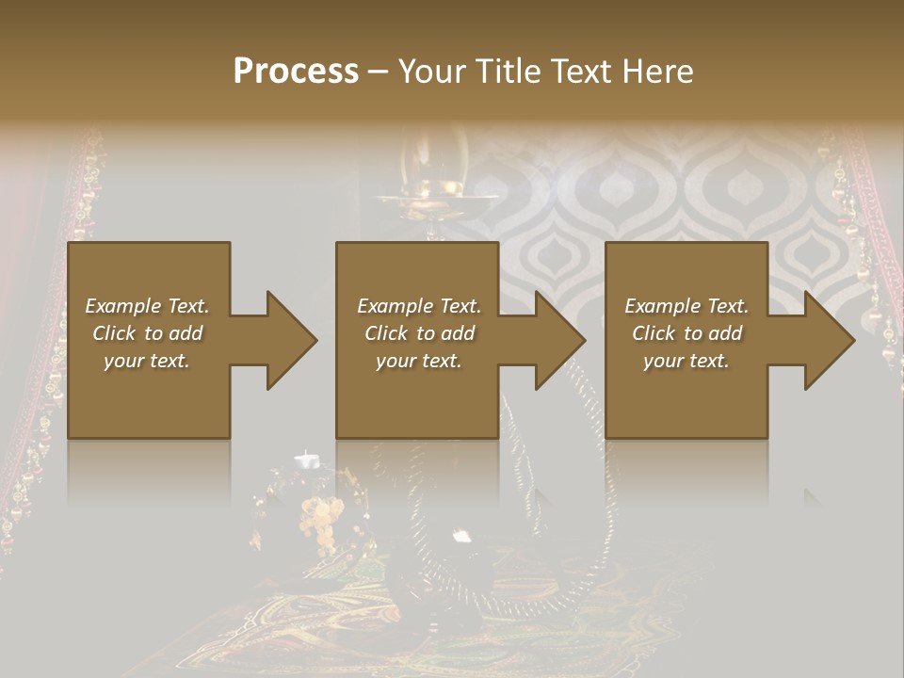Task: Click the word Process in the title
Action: click(x=296, y=71)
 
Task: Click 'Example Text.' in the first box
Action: click(x=147, y=306)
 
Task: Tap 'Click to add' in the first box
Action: click(x=147, y=333)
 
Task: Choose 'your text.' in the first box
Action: click(x=147, y=361)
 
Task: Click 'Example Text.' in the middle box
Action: click(x=418, y=306)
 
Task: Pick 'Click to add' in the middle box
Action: click(x=418, y=333)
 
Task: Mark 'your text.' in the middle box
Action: click(x=418, y=361)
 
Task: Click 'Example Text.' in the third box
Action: click(x=686, y=306)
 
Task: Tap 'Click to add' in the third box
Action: click(x=686, y=333)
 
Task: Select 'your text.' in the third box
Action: click(x=686, y=361)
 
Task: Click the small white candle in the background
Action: click(x=306, y=460)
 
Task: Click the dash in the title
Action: click(x=378, y=72)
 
